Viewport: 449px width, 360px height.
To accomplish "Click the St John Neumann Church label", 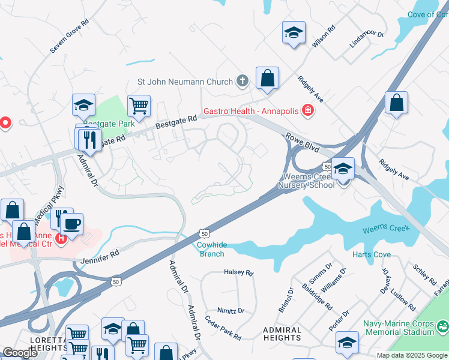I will pos(185,81).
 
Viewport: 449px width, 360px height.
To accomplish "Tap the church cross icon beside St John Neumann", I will pos(243,81).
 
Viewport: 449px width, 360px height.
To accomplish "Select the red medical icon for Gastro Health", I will pos(307,110).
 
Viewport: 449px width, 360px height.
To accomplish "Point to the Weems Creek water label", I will pos(385,229).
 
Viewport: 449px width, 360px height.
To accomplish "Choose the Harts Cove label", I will pos(372,254).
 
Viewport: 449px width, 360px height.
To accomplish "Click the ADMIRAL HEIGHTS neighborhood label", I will pos(282,334).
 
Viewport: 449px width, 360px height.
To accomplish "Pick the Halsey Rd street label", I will pos(239,272).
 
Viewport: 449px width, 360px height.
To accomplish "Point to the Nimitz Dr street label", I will pos(231,311).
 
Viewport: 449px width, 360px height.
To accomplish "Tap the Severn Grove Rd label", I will pos(70,35).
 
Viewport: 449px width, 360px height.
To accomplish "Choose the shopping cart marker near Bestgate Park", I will pos(139,106).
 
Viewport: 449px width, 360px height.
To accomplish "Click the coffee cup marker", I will pos(72,224).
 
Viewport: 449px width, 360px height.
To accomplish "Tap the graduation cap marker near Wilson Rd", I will pos(294,32).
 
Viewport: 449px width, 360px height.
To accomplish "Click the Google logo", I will pos(20,353).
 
